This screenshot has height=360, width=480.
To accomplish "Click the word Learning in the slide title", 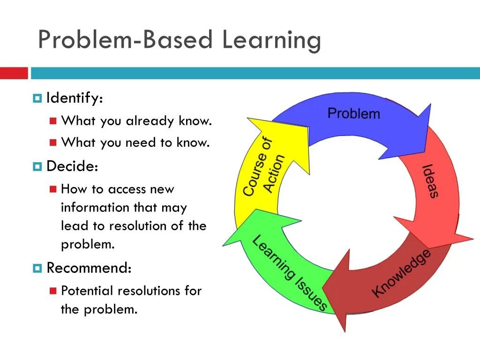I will click(x=271, y=40).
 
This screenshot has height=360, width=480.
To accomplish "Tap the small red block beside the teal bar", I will click(x=14, y=73).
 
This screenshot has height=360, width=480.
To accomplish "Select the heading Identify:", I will click(x=75, y=98).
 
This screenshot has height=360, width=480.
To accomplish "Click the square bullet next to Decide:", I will click(x=37, y=166).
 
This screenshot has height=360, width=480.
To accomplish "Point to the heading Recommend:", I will click(x=89, y=268).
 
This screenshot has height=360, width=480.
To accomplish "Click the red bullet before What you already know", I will click(x=53, y=121).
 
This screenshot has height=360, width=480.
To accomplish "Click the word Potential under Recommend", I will click(x=87, y=291).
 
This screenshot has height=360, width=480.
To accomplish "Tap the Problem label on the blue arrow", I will click(x=353, y=113).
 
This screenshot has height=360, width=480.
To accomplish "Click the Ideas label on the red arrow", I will click(x=429, y=180).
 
